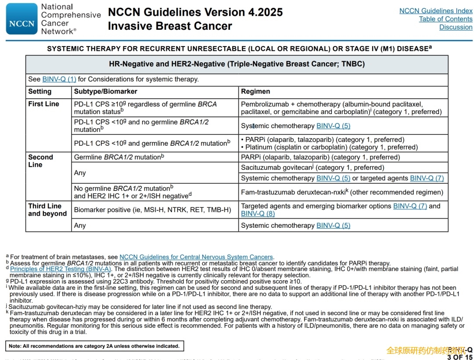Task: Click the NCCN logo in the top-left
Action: (x=22, y=19)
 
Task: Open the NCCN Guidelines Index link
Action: (x=435, y=11)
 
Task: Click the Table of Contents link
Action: (x=445, y=19)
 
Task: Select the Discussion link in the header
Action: (x=456, y=27)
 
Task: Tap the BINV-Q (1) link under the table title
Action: (x=59, y=79)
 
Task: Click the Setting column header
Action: (x=40, y=92)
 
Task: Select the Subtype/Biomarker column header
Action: (x=105, y=92)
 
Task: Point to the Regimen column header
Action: (x=255, y=92)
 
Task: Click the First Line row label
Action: (x=43, y=104)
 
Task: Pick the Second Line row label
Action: (x=40, y=161)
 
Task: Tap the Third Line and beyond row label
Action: (x=47, y=210)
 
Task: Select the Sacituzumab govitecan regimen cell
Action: (x=312, y=168)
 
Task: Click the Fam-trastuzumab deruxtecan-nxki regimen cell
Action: (x=342, y=192)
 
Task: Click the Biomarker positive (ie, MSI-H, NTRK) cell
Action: (x=152, y=210)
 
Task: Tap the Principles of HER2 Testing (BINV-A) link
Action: (x=61, y=269)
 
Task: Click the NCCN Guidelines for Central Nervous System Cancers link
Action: (x=196, y=257)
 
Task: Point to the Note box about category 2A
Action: (x=94, y=346)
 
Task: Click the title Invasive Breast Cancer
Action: (x=170, y=26)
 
